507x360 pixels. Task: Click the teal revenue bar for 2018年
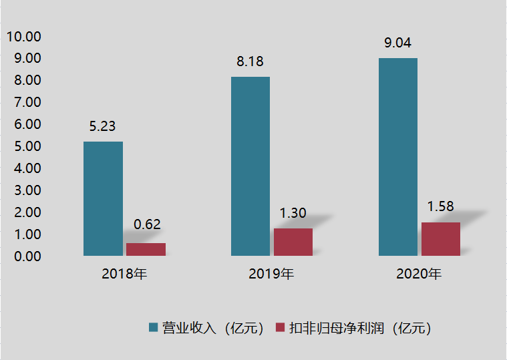point(103,198)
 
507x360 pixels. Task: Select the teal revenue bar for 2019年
point(250,166)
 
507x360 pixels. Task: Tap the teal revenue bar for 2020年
point(398,157)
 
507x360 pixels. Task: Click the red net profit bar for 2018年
point(146,249)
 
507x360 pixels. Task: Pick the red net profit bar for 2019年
point(293,242)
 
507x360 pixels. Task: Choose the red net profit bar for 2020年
point(441,238)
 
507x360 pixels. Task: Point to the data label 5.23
point(103,126)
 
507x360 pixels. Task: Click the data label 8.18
point(250,61)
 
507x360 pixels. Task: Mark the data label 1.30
point(293,213)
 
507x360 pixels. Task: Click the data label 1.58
point(440,206)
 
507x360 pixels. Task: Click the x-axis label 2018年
point(124,274)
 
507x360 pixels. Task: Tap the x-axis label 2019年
point(271,274)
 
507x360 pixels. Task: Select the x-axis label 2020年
point(419,274)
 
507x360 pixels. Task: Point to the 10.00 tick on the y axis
point(23,36)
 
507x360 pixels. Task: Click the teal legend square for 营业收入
point(154,327)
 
